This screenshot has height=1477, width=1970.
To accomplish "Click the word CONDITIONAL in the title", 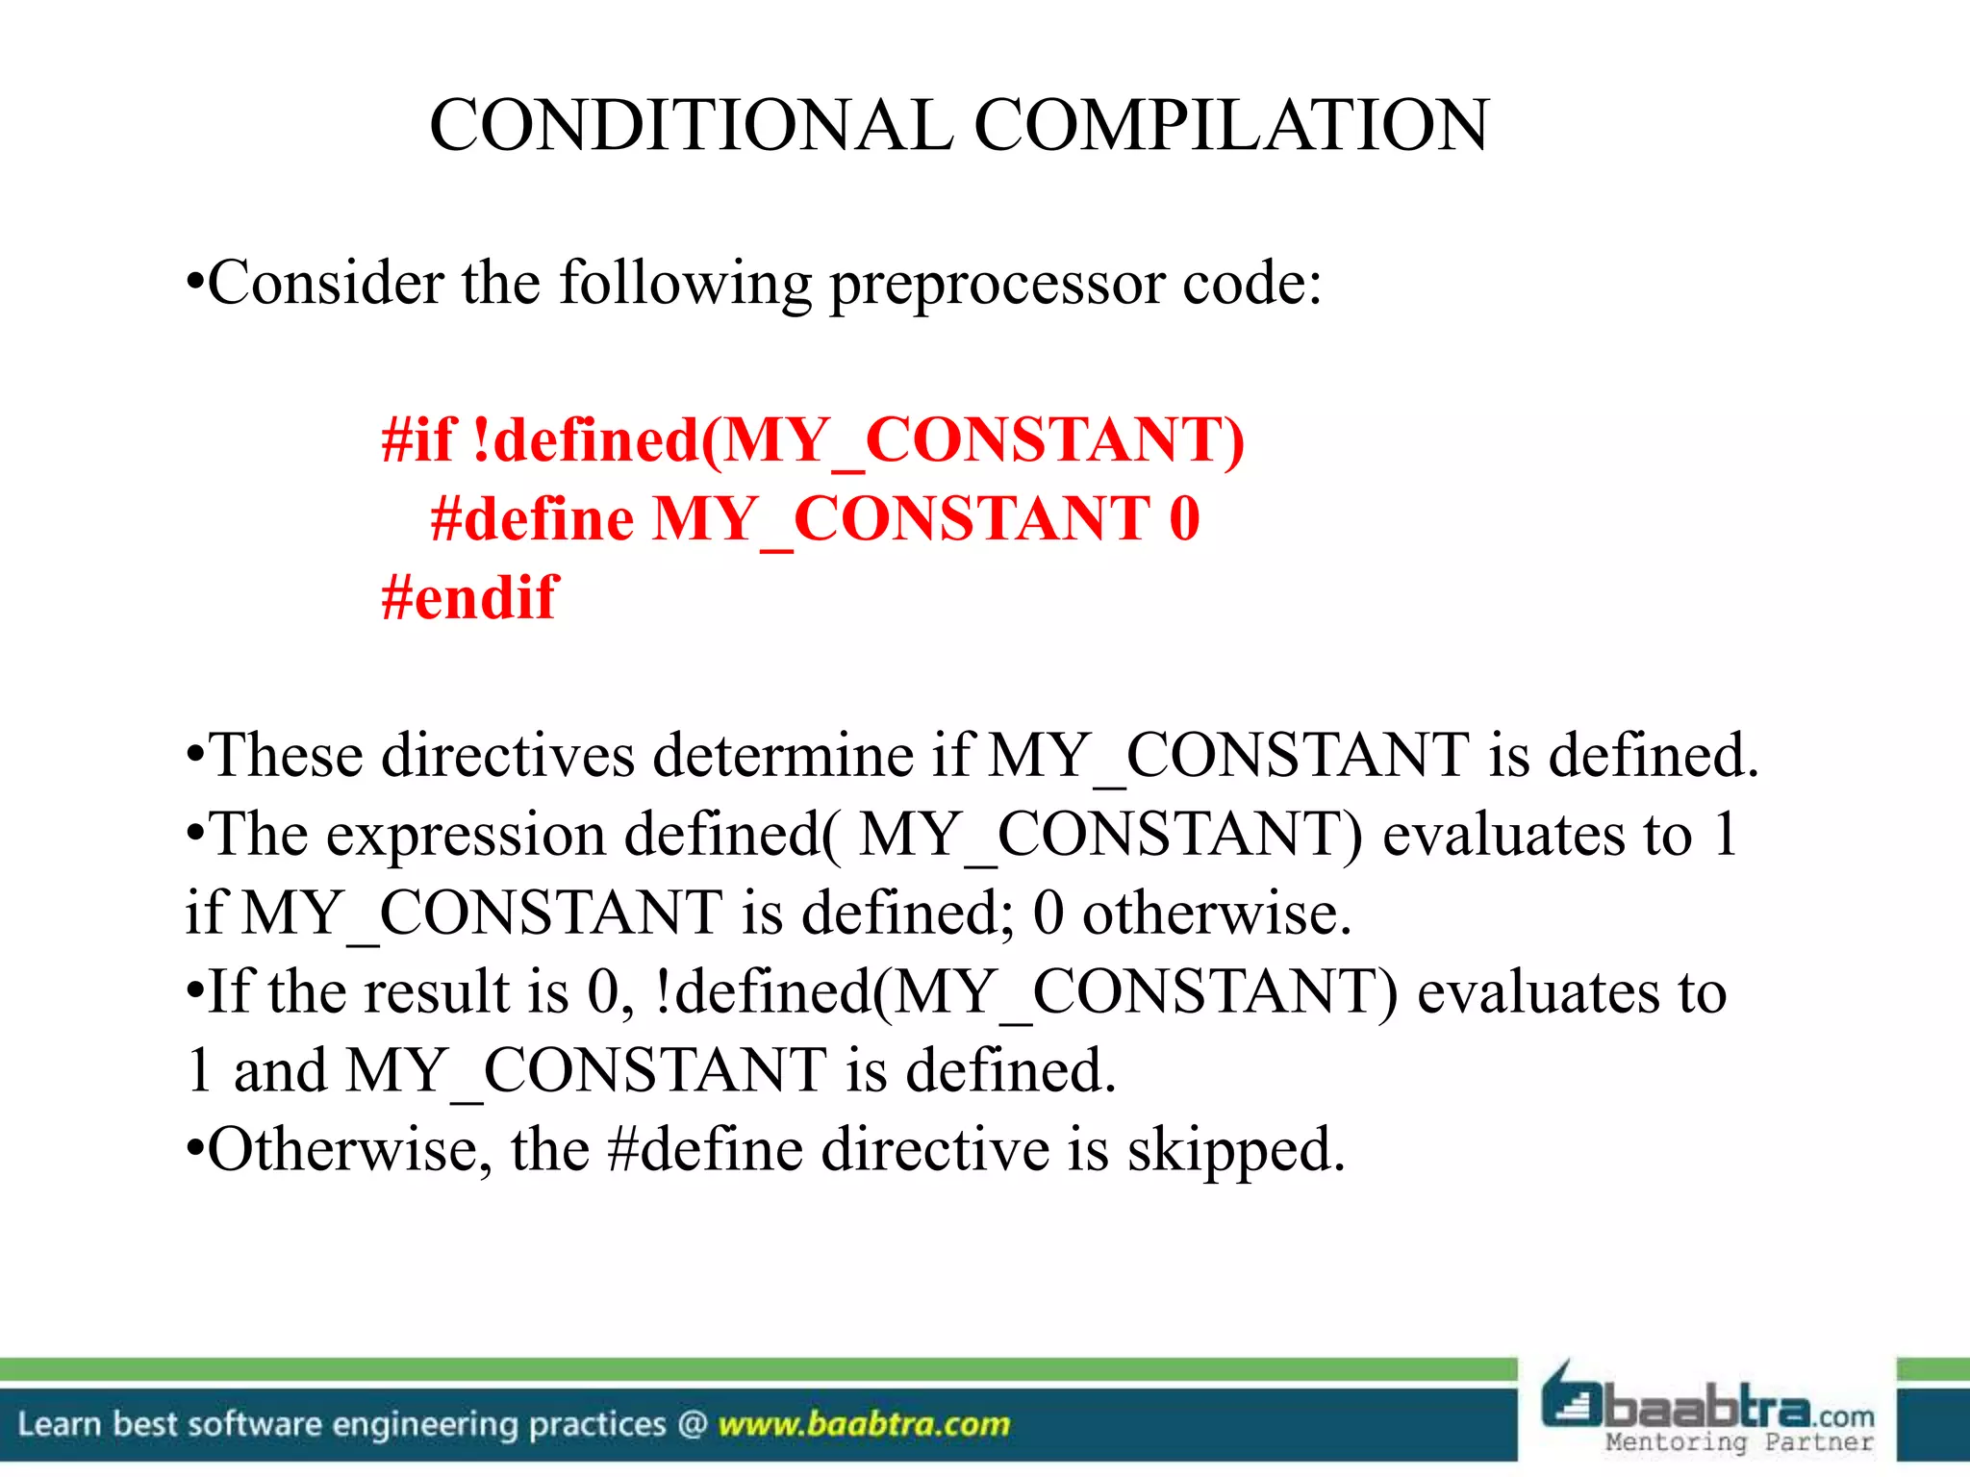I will (691, 125).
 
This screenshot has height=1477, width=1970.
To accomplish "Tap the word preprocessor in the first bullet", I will (997, 285).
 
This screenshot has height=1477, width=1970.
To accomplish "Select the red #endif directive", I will (468, 598).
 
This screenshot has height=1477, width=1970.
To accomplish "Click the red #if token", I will (417, 440).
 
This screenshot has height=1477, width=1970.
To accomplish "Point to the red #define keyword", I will (532, 519).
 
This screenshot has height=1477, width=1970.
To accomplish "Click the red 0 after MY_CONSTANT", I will (1184, 519).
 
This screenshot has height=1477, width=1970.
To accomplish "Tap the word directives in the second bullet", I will (508, 755).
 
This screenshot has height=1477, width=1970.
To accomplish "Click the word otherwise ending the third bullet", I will (1217, 914).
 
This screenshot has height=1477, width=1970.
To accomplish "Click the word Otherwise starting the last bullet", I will (342, 1150).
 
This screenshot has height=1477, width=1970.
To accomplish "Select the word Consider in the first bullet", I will (326, 285).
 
